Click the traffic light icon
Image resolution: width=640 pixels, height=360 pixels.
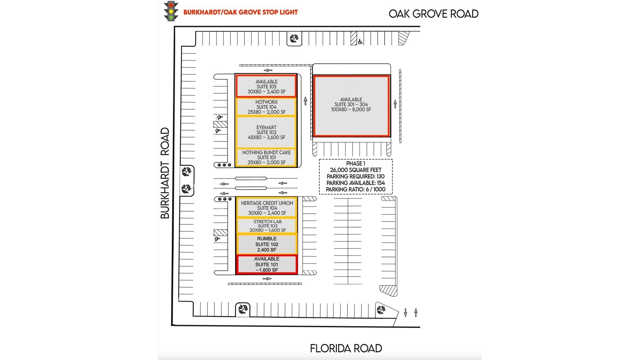pyautogui.click(x=171, y=11)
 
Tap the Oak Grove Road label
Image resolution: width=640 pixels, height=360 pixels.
pyautogui.click(x=434, y=14)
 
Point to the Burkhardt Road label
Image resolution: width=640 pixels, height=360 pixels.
pyautogui.click(x=165, y=173)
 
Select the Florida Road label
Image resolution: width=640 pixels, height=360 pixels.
pyautogui.click(x=346, y=348)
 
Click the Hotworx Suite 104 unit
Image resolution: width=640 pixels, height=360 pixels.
pyautogui.click(x=267, y=107)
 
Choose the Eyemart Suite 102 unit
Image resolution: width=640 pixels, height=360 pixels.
pyautogui.click(x=267, y=132)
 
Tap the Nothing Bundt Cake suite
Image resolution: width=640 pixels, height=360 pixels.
pyautogui.click(x=267, y=157)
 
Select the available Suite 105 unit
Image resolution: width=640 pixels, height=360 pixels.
pyautogui.click(x=266, y=86)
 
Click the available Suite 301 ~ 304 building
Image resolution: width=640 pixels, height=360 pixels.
pyautogui.click(x=351, y=106)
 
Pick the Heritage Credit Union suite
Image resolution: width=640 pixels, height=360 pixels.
pyautogui.click(x=267, y=208)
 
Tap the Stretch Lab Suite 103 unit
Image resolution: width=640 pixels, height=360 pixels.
pyautogui.click(x=267, y=226)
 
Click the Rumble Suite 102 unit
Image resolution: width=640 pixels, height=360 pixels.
pyautogui.click(x=267, y=244)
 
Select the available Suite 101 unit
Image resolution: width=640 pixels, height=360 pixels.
pyautogui.click(x=267, y=264)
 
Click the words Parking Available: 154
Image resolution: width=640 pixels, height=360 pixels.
pyautogui.click(x=356, y=183)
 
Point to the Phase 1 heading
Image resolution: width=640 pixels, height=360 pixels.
pyautogui.click(x=356, y=164)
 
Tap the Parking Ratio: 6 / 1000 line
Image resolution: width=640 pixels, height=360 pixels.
pyautogui.click(x=356, y=189)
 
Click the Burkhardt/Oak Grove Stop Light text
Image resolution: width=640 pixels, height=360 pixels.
pyautogui.click(x=241, y=12)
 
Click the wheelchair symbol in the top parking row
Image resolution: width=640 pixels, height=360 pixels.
pyautogui.click(x=360, y=41)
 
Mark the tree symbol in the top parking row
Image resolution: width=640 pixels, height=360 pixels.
pyautogui.click(x=294, y=39)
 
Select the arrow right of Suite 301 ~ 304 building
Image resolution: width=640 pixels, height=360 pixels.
pyautogui.click(x=395, y=104)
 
